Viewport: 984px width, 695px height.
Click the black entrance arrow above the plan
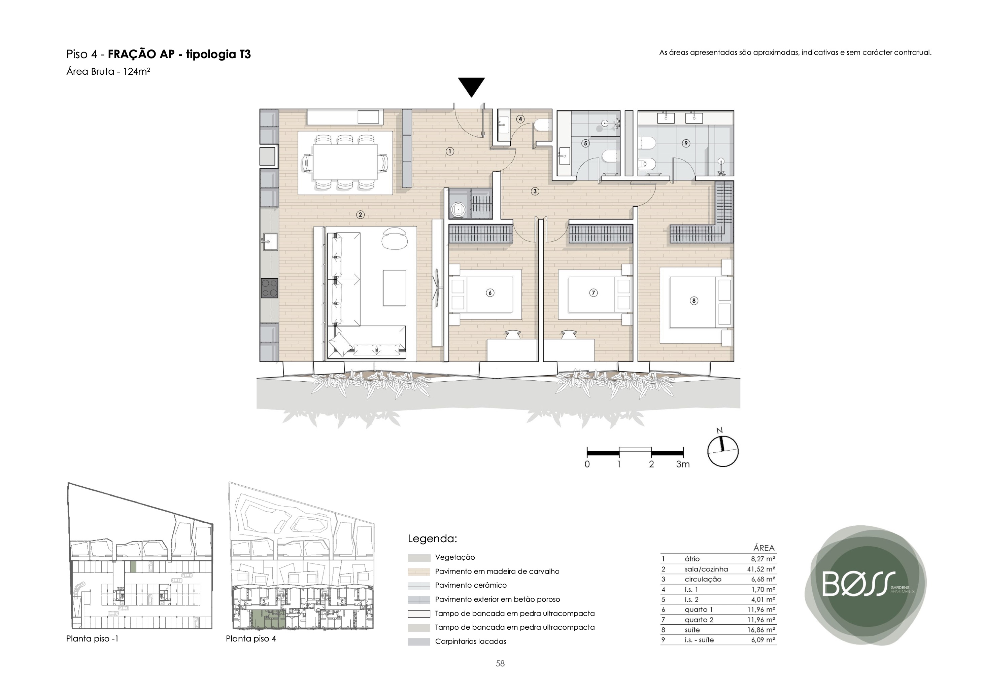click(471, 86)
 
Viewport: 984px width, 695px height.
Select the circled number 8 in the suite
click(694, 301)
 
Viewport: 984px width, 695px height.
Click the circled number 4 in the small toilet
click(520, 119)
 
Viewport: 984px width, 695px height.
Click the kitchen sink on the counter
click(270, 242)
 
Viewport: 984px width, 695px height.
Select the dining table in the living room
click(345, 162)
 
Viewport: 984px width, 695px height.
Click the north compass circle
click(722, 451)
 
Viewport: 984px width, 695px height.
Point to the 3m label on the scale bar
click(683, 464)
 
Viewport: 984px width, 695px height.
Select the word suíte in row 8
click(692, 630)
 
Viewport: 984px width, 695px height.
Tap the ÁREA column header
click(764, 548)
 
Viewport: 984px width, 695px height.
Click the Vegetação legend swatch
click(419, 558)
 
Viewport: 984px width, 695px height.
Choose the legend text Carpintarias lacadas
click(471, 641)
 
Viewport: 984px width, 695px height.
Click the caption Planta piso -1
click(92, 638)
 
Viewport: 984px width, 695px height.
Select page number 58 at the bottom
click(500, 664)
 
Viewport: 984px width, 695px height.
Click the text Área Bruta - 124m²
click(108, 72)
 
